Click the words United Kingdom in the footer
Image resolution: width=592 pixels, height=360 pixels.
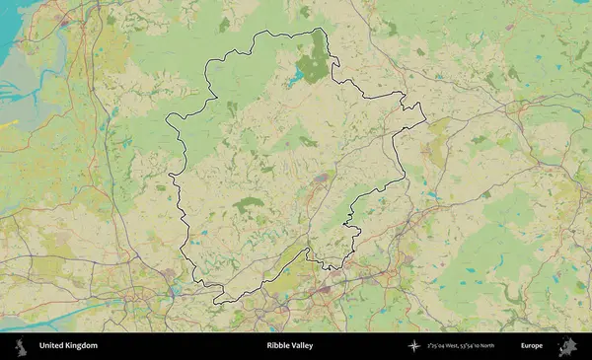coord(68,346)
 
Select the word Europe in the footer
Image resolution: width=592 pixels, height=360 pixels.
coord(532,346)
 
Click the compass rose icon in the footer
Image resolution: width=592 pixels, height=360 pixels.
coord(415,346)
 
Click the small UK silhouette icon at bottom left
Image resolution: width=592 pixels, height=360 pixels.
coord(21,346)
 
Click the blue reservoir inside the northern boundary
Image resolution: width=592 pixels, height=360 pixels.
coord(297,74)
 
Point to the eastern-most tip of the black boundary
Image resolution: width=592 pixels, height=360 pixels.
coord(425,121)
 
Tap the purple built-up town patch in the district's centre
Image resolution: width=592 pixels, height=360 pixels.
coord(321,179)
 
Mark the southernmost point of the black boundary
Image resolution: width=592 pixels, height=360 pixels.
coord(219,301)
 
